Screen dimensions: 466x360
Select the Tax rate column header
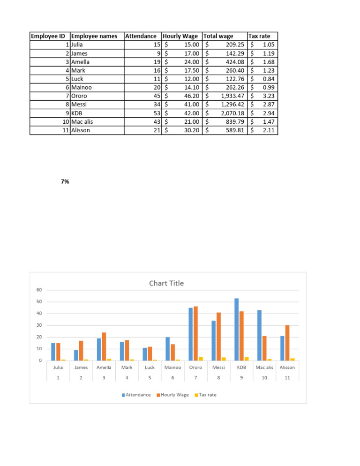[x=259, y=36]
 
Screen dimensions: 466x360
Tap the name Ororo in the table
[x=79, y=96]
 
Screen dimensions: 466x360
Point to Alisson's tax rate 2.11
[x=268, y=130]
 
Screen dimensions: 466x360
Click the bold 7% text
[x=65, y=181]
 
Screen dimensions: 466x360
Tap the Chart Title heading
[x=166, y=283]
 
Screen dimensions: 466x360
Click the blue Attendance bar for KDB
[x=237, y=330]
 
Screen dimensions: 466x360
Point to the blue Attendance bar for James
[x=76, y=355]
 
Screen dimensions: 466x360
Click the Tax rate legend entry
[x=206, y=395]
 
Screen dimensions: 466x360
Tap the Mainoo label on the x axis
[x=173, y=368]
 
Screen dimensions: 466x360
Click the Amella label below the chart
[x=104, y=368]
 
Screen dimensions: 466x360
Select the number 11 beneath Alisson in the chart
[x=287, y=377]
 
